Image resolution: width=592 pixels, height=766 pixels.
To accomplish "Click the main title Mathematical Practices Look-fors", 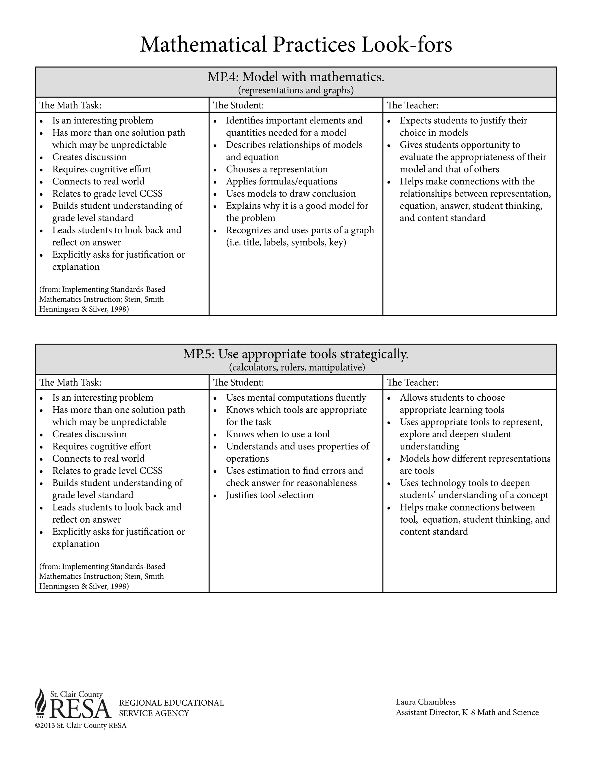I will [296, 45].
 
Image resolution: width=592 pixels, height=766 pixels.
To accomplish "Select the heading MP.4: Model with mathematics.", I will [296, 77].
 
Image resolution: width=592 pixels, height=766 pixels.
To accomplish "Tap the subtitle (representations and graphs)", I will [296, 90].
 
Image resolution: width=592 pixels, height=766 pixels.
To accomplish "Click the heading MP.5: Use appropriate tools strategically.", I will [296, 354].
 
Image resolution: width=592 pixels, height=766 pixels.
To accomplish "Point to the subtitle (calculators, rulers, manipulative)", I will [297, 368].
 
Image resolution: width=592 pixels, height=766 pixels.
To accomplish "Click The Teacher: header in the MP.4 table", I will [412, 105].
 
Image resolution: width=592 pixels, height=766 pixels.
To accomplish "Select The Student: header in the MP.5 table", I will [238, 382].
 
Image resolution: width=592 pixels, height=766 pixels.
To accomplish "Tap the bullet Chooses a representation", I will [277, 169].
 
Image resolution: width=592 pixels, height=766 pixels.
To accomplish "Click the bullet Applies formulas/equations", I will [281, 182].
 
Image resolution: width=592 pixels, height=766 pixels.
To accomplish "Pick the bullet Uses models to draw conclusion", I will [291, 194].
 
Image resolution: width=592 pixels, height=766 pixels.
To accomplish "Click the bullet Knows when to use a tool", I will [278, 434].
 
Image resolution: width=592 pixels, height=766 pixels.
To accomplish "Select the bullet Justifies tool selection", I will [270, 495].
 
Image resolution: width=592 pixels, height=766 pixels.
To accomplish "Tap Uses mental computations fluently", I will [296, 398].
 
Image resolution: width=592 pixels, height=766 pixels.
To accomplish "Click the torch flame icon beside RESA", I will [41, 702].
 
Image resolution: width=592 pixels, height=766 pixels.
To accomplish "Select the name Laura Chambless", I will [425, 702].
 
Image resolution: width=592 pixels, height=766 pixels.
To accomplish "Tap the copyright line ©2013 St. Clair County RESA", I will [81, 725].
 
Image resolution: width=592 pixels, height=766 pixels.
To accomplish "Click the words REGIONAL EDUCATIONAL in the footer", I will [171, 703].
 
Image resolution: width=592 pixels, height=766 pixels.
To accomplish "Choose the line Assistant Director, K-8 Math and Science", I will [467, 712].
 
